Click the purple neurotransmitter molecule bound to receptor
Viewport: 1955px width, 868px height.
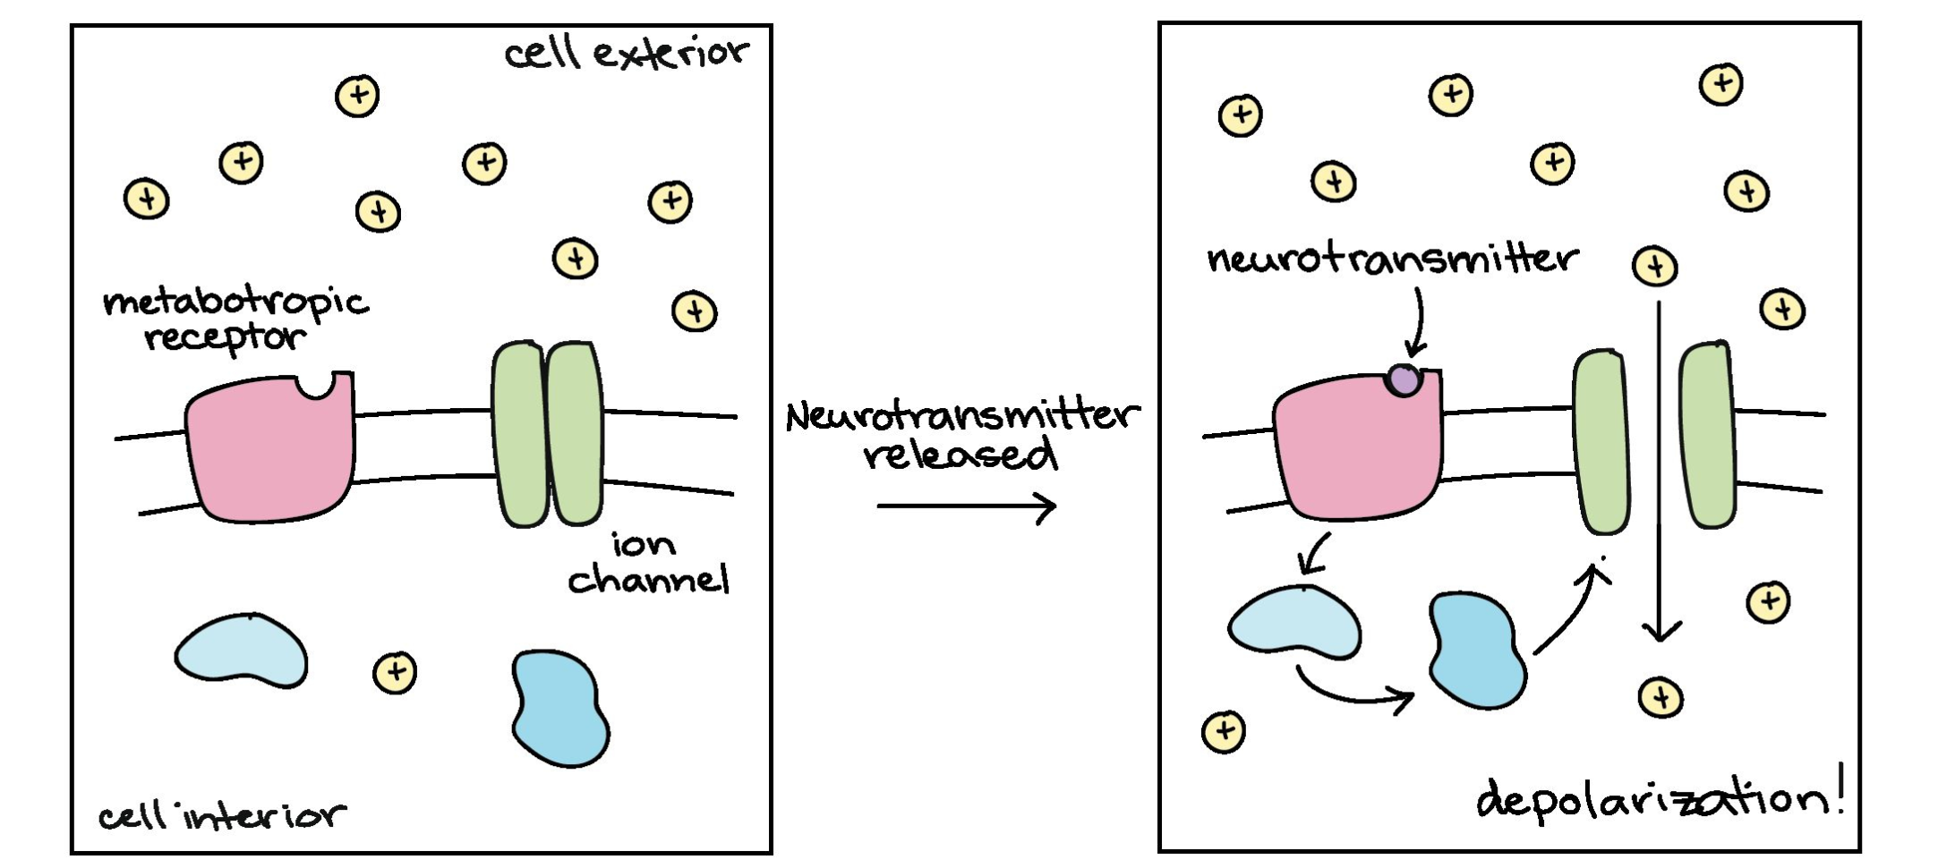[x=1404, y=379]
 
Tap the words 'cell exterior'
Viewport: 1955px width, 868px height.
[x=626, y=54]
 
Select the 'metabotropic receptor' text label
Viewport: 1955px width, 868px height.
[x=235, y=319]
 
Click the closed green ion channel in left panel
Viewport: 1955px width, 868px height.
[x=547, y=433]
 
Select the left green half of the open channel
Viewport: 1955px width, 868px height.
[x=1601, y=442]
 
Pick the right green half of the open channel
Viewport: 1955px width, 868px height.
[x=1708, y=436]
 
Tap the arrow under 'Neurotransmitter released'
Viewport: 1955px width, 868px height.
[x=966, y=506]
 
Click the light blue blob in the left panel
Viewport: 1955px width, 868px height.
[x=241, y=651]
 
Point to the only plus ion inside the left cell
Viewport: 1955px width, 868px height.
[x=395, y=672]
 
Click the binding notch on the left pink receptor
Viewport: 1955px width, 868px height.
[x=316, y=385]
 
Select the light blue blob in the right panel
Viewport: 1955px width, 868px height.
[x=1294, y=623]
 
